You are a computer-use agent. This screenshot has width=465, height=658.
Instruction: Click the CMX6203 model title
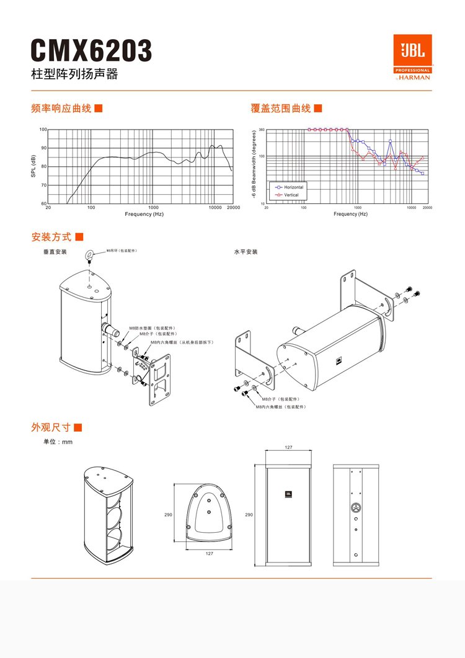click(x=91, y=51)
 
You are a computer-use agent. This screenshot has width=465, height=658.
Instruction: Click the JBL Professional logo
click(x=412, y=57)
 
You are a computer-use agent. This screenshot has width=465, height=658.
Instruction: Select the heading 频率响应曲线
click(x=61, y=109)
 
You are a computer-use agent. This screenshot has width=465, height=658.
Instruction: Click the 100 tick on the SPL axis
click(x=43, y=130)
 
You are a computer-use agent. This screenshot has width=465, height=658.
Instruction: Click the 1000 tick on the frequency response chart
click(x=153, y=208)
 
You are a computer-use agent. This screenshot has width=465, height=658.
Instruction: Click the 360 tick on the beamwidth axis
click(x=261, y=130)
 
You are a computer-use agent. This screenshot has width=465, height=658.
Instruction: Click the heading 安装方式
click(x=51, y=237)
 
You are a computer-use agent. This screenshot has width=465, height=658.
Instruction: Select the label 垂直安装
click(x=55, y=252)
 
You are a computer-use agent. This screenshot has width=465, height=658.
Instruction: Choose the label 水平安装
click(x=246, y=252)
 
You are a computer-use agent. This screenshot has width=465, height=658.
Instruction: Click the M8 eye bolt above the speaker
click(x=91, y=254)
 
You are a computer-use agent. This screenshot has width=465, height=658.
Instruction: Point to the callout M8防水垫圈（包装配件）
click(x=153, y=327)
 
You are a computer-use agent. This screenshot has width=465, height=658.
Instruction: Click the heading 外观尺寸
click(x=51, y=427)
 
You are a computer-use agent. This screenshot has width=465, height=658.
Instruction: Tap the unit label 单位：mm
click(x=58, y=442)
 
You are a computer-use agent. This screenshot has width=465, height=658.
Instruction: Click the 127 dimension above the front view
click(x=289, y=447)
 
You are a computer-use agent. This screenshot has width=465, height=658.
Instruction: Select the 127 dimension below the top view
click(x=210, y=554)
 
